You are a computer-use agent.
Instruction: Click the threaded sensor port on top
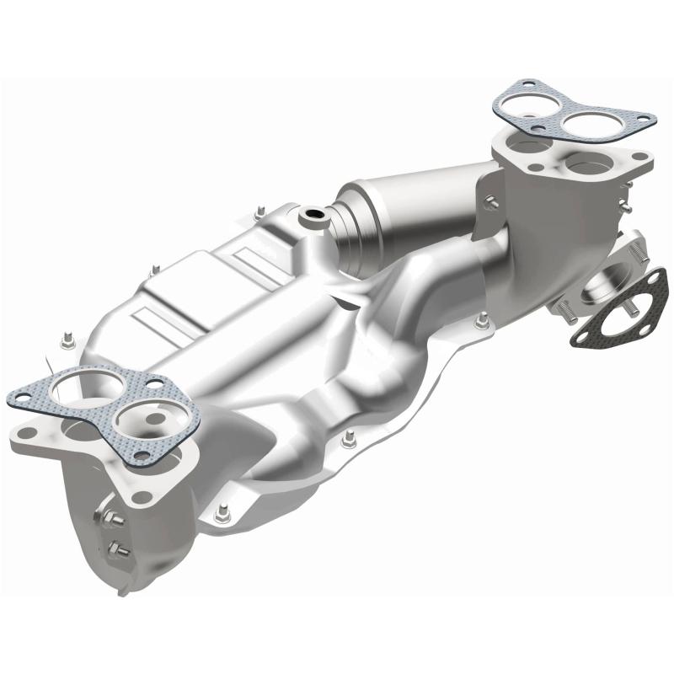[x=315, y=217]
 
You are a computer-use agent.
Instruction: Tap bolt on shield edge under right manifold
[x=482, y=319]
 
